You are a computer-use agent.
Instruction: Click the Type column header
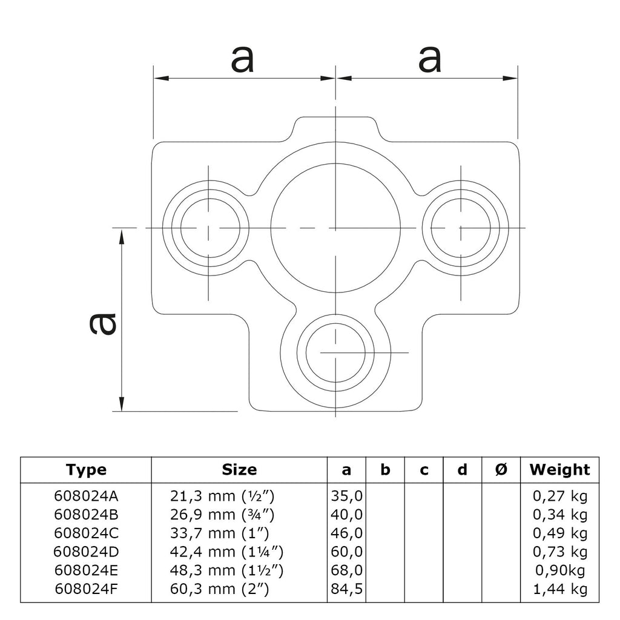point(87,469)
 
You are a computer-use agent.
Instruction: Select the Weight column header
point(559,469)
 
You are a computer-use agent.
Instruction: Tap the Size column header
point(239,469)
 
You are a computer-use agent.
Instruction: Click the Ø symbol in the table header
point(501,469)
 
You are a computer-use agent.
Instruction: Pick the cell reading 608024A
point(87,497)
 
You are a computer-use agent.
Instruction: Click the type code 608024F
point(87,589)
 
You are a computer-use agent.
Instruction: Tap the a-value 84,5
point(347,589)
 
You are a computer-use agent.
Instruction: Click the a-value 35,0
point(347,497)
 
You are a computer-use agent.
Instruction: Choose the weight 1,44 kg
point(560,589)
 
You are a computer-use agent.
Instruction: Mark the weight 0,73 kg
point(560,552)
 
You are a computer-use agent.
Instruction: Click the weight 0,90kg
point(560,570)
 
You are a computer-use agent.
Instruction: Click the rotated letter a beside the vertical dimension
point(102,323)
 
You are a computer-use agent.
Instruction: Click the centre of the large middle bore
point(335,228)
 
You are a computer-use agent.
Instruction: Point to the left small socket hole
point(208,228)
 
